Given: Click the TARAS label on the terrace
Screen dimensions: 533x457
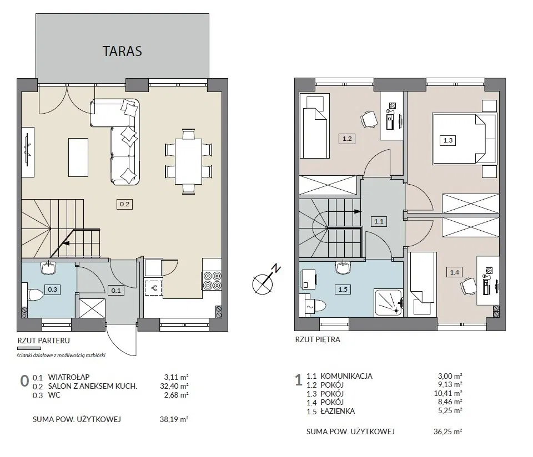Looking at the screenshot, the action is click(122, 51).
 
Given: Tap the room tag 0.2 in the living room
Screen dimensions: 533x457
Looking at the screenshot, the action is click(124, 204).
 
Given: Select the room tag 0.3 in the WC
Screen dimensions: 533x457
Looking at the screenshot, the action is click(52, 290).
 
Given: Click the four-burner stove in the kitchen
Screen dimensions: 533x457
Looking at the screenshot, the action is click(212, 281).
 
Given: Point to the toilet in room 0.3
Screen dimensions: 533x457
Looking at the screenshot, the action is click(34, 294).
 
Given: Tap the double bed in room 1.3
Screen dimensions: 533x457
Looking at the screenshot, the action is click(464, 139).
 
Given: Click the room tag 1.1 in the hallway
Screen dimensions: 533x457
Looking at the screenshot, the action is click(379, 221).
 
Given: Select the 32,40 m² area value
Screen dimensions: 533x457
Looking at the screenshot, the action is click(174, 386).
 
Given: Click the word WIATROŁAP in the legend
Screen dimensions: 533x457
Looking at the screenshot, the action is click(69, 377).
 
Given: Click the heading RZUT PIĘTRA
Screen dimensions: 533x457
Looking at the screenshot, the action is click(318, 339).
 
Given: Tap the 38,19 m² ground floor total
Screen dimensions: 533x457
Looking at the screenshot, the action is click(174, 419).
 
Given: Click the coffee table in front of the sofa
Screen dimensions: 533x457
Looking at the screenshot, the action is click(78, 157).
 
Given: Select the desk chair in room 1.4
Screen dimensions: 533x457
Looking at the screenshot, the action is click(468, 286).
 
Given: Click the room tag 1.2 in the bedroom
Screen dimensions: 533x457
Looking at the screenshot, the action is click(346, 139).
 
